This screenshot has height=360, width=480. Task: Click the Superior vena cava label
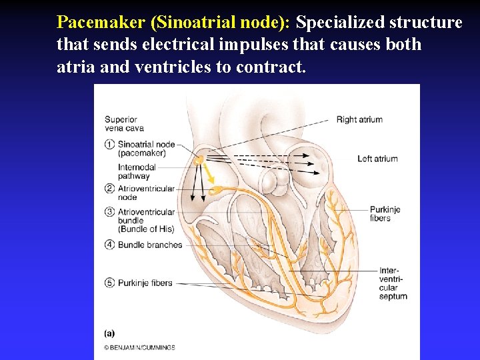click(x=124, y=124)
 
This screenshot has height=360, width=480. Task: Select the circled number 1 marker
click(x=109, y=144)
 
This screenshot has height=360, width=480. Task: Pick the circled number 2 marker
click(x=109, y=189)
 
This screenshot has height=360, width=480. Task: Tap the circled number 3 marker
click(x=109, y=212)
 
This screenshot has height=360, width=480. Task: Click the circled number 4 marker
click(x=109, y=245)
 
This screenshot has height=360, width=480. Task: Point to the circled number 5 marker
click(x=109, y=283)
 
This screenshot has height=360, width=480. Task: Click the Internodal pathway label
click(x=137, y=171)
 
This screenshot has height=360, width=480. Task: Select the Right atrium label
click(x=359, y=120)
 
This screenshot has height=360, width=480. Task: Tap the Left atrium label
click(x=377, y=159)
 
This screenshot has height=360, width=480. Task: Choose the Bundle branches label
click(x=150, y=245)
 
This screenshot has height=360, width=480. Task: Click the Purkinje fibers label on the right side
click(x=385, y=213)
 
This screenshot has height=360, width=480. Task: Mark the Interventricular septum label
click(x=393, y=283)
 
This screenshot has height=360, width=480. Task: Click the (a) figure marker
click(x=109, y=333)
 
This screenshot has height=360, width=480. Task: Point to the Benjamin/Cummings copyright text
click(x=139, y=347)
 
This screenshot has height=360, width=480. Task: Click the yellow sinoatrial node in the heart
click(x=199, y=160)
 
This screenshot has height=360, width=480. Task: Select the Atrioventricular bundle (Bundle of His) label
click(x=146, y=220)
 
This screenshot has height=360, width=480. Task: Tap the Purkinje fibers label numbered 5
click(x=145, y=283)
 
